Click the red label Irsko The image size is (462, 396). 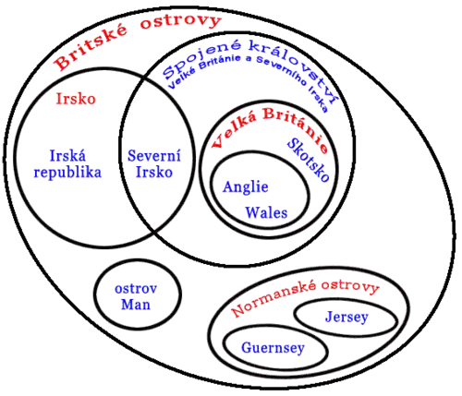pos(76,99)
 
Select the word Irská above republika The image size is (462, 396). pos(67,156)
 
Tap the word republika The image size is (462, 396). pos(67,173)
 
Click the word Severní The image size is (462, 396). pos(154,156)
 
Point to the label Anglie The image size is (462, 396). pos(246,187)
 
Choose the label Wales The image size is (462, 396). pos(266,212)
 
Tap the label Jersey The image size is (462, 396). pos(346,317)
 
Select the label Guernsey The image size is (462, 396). pos(273,348)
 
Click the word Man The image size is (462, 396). pos(136,305)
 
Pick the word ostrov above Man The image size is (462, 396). pos(136,289)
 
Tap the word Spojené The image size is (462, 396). pos(201,59)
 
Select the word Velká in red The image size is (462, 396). pos(234,131)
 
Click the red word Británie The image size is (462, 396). pos(296,127)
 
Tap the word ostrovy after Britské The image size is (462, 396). pos(181,21)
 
